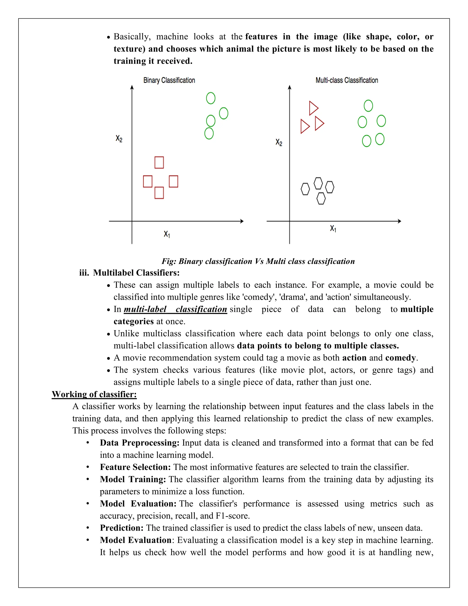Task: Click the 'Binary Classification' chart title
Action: tap(169, 80)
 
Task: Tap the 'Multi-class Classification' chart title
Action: tap(347, 80)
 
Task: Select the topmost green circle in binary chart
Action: tap(211, 98)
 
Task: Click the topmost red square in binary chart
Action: tap(159, 163)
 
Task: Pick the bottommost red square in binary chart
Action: tap(159, 193)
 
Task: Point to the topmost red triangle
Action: tap(313, 108)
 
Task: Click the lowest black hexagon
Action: tap(321, 199)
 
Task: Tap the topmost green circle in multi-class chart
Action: tap(368, 106)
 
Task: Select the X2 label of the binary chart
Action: tap(119, 138)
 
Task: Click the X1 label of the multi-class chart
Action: tap(333, 229)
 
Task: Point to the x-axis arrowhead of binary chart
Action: tap(242, 221)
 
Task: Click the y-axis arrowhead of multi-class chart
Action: tap(290, 88)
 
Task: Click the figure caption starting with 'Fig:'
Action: tap(258, 261)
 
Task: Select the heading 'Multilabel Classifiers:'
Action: tap(136, 273)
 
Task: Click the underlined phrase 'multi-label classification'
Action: tap(175, 309)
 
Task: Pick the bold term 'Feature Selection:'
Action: tap(135, 467)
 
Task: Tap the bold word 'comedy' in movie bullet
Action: tap(400, 358)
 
